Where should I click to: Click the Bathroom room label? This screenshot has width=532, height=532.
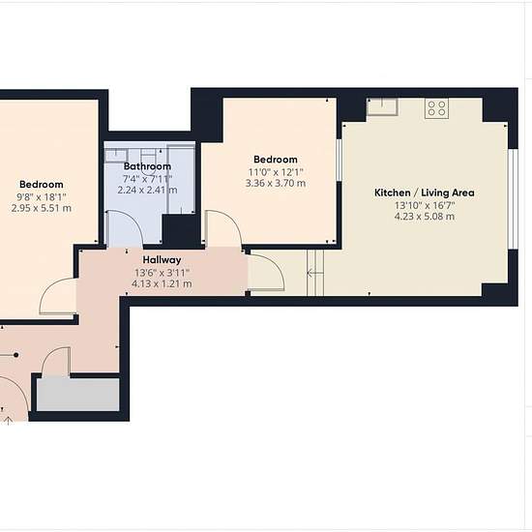click(x=147, y=166)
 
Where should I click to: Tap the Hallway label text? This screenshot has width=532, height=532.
click(x=162, y=260)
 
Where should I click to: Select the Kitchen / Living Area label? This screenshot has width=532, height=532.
click(x=425, y=192)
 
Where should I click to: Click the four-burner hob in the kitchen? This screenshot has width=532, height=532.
click(x=436, y=108)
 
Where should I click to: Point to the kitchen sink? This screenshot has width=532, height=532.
click(x=382, y=105)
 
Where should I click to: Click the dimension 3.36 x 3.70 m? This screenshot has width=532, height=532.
click(x=276, y=184)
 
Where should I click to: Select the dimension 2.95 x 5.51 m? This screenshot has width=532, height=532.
click(x=42, y=208)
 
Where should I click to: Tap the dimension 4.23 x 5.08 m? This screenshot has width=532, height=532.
click(x=425, y=217)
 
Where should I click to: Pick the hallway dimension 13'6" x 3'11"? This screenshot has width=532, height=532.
click(x=162, y=273)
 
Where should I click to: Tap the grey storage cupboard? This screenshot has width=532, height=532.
click(x=78, y=395)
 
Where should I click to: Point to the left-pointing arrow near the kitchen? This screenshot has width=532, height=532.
click(x=314, y=273)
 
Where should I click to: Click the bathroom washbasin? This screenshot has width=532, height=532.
click(x=116, y=156)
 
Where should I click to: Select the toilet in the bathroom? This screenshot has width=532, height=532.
click(x=149, y=161)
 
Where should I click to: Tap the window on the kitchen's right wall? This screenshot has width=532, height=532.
click(x=515, y=199)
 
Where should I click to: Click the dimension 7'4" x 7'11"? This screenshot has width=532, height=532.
click(x=147, y=179)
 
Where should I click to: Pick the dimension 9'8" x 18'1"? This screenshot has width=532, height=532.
click(x=42, y=196)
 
